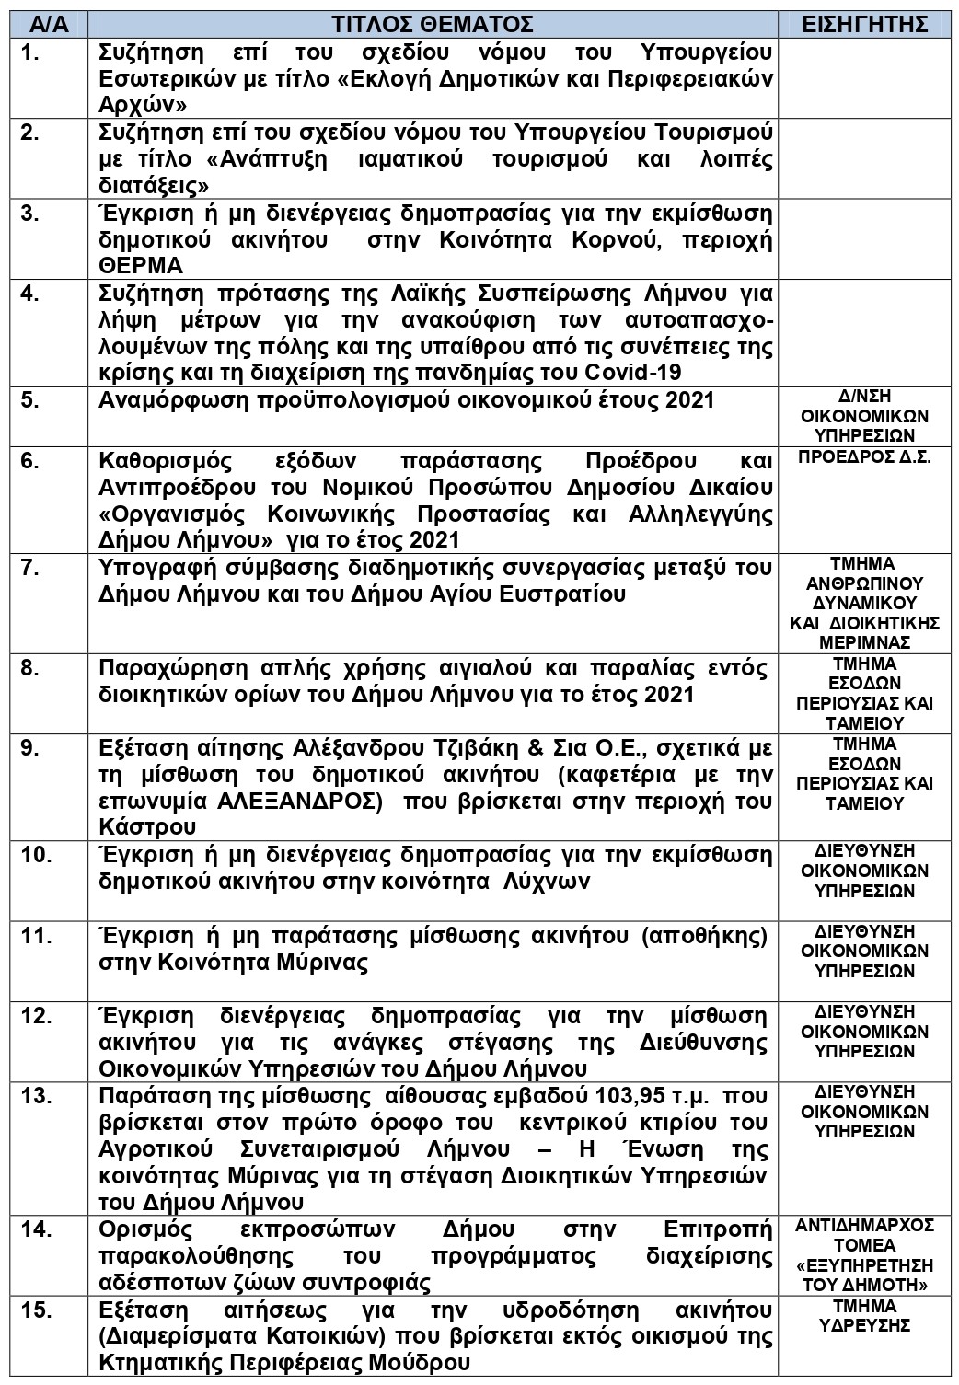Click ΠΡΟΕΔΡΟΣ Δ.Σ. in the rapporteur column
(864, 457)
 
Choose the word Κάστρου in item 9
(146, 827)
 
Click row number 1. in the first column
(31, 52)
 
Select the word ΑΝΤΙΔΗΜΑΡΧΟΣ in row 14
(864, 1226)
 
